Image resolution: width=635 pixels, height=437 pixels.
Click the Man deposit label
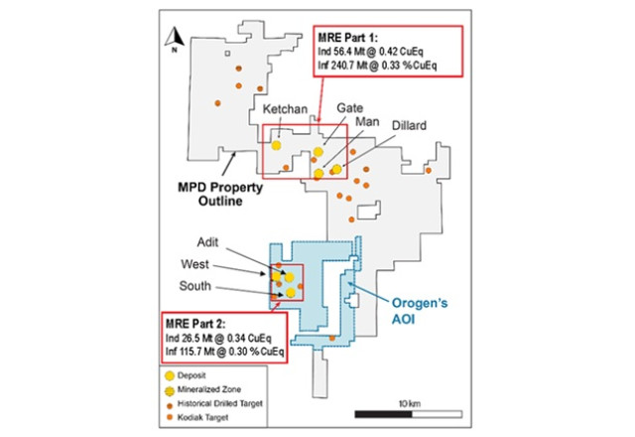[364, 119]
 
